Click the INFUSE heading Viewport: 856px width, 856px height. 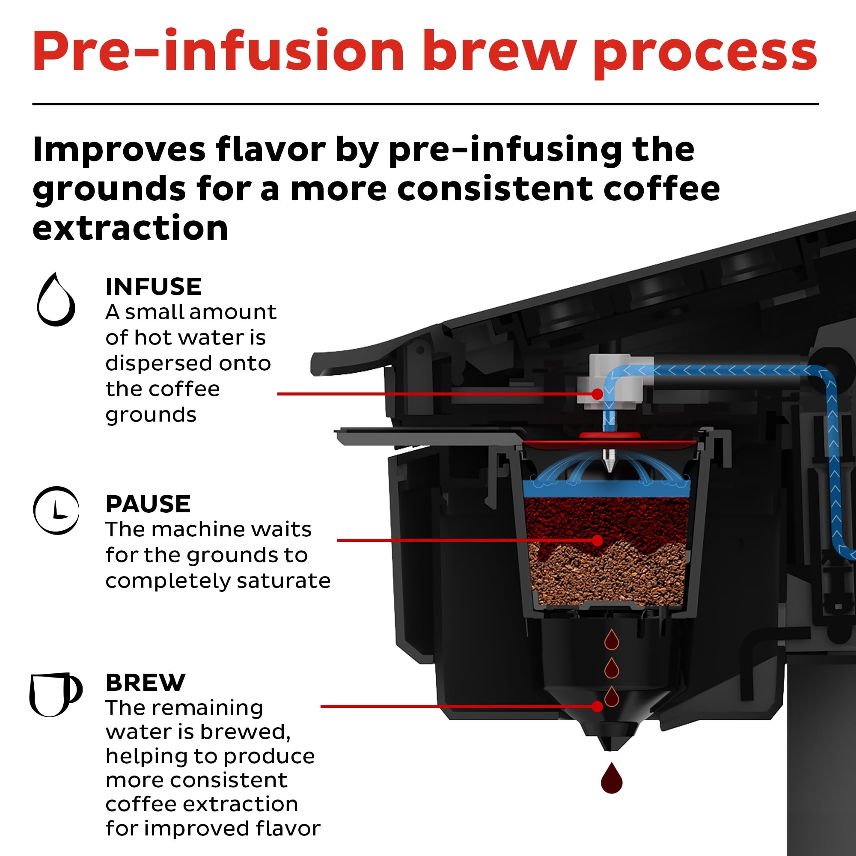point(153,287)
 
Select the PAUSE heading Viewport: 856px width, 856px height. point(148,504)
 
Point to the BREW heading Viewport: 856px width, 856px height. point(146,683)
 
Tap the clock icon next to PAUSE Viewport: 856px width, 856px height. point(56,511)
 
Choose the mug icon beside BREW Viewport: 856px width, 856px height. point(55,694)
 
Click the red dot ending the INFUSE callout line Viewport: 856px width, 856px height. point(597,394)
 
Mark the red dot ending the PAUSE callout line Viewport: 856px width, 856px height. point(597,541)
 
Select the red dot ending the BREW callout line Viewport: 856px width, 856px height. point(597,706)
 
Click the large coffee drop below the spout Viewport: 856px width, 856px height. point(612,779)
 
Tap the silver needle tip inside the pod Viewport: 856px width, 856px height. point(610,466)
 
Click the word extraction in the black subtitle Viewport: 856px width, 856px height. point(130,228)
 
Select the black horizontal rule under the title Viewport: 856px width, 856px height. point(425,104)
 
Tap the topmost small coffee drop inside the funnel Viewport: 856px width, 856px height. point(612,639)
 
